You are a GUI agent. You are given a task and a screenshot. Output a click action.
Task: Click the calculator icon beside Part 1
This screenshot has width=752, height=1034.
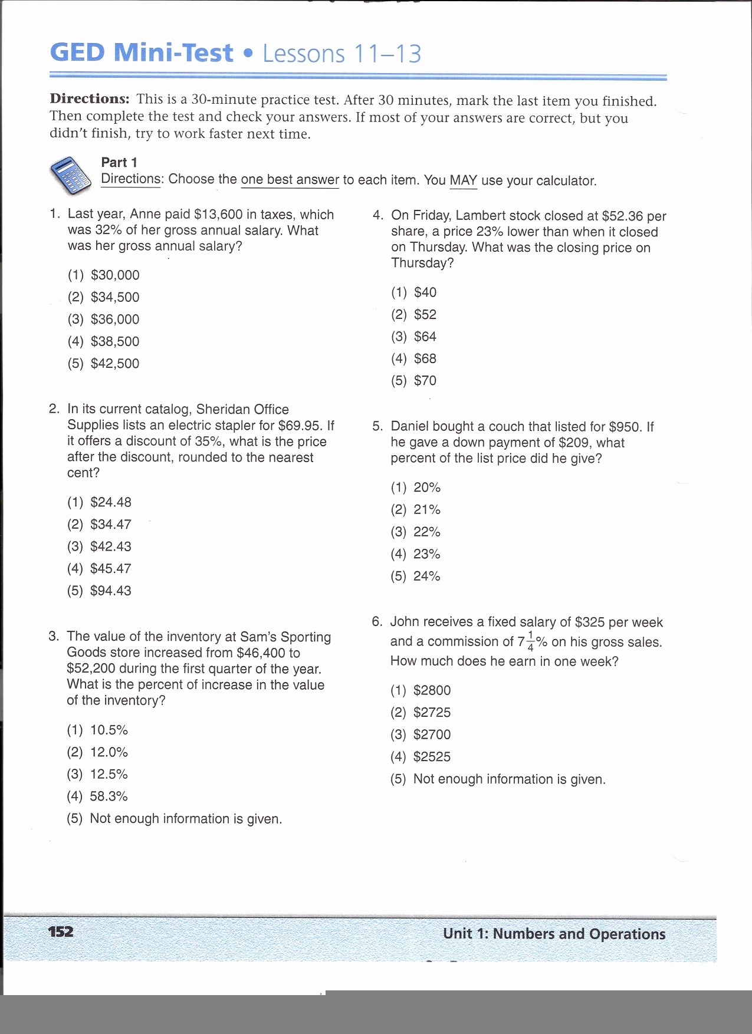70,175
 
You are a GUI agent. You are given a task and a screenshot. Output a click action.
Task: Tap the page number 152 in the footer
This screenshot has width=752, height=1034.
61,932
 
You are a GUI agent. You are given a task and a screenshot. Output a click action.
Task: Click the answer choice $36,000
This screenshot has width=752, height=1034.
115,320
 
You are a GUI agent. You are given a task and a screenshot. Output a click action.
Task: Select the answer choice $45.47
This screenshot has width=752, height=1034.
110,569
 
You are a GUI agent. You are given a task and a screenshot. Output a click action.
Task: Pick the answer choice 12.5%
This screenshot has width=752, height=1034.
109,775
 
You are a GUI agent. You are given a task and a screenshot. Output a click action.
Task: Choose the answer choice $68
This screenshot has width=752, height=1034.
425,359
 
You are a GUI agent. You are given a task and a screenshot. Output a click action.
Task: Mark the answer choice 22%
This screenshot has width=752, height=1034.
426,532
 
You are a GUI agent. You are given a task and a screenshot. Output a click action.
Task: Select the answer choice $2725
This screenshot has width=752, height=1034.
432,713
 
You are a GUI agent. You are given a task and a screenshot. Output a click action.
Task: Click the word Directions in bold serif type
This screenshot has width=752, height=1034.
90,99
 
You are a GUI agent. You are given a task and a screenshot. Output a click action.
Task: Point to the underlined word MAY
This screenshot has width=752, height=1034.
463,180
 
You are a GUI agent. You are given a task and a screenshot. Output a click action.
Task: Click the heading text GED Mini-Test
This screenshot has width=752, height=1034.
142,53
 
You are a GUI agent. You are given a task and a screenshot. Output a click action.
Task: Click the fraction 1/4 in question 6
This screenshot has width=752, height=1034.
530,641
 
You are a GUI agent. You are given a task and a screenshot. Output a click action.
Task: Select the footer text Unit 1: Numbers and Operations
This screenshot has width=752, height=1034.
554,934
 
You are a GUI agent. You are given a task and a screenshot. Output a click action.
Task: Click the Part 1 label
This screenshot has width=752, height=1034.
119,163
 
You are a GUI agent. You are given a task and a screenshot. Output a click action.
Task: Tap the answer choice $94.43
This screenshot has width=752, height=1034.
110,591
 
